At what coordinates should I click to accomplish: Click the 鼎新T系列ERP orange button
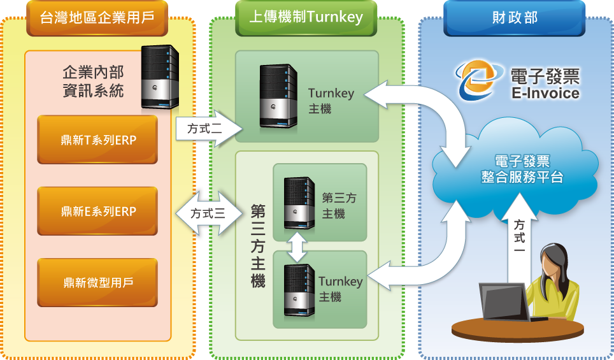(97, 140)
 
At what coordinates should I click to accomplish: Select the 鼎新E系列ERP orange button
(97, 212)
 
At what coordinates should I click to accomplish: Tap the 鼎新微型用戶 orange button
(97, 282)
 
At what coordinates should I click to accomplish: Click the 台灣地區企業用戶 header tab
(97, 18)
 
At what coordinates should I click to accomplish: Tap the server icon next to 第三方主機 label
(299, 205)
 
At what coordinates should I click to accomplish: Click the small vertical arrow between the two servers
(297, 247)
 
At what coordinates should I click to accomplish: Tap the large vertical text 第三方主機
(257, 245)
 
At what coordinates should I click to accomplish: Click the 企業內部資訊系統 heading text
(93, 81)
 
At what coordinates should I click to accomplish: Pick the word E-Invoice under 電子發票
(545, 94)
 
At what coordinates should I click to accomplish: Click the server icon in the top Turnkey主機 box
(278, 94)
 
